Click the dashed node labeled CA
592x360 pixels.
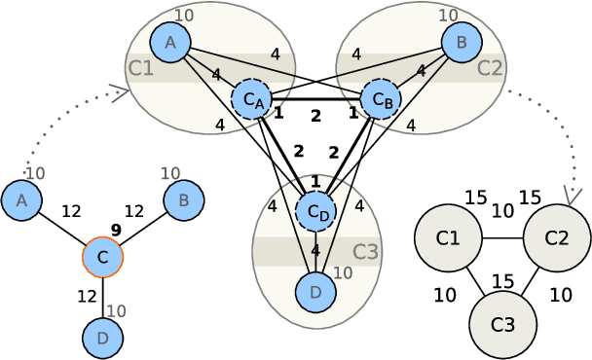click(252, 99)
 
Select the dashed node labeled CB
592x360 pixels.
click(381, 99)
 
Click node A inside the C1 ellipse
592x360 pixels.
click(170, 42)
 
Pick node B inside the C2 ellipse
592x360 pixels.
click(462, 42)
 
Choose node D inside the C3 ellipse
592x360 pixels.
click(315, 291)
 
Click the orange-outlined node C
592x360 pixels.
click(102, 257)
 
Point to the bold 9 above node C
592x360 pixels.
click(116, 230)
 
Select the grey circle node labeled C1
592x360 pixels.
click(448, 237)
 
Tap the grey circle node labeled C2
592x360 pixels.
click(557, 237)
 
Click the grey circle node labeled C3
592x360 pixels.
click(502, 324)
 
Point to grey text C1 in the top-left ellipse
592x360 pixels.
click(140, 68)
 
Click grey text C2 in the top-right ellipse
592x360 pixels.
click(490, 68)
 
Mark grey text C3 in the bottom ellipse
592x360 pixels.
click(365, 252)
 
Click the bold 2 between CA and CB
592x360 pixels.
click(315, 116)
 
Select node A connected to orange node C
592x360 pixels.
click(21, 200)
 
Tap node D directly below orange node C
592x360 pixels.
click(102, 338)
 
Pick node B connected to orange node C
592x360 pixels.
click(183, 200)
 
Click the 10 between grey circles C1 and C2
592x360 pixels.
click(502, 210)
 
